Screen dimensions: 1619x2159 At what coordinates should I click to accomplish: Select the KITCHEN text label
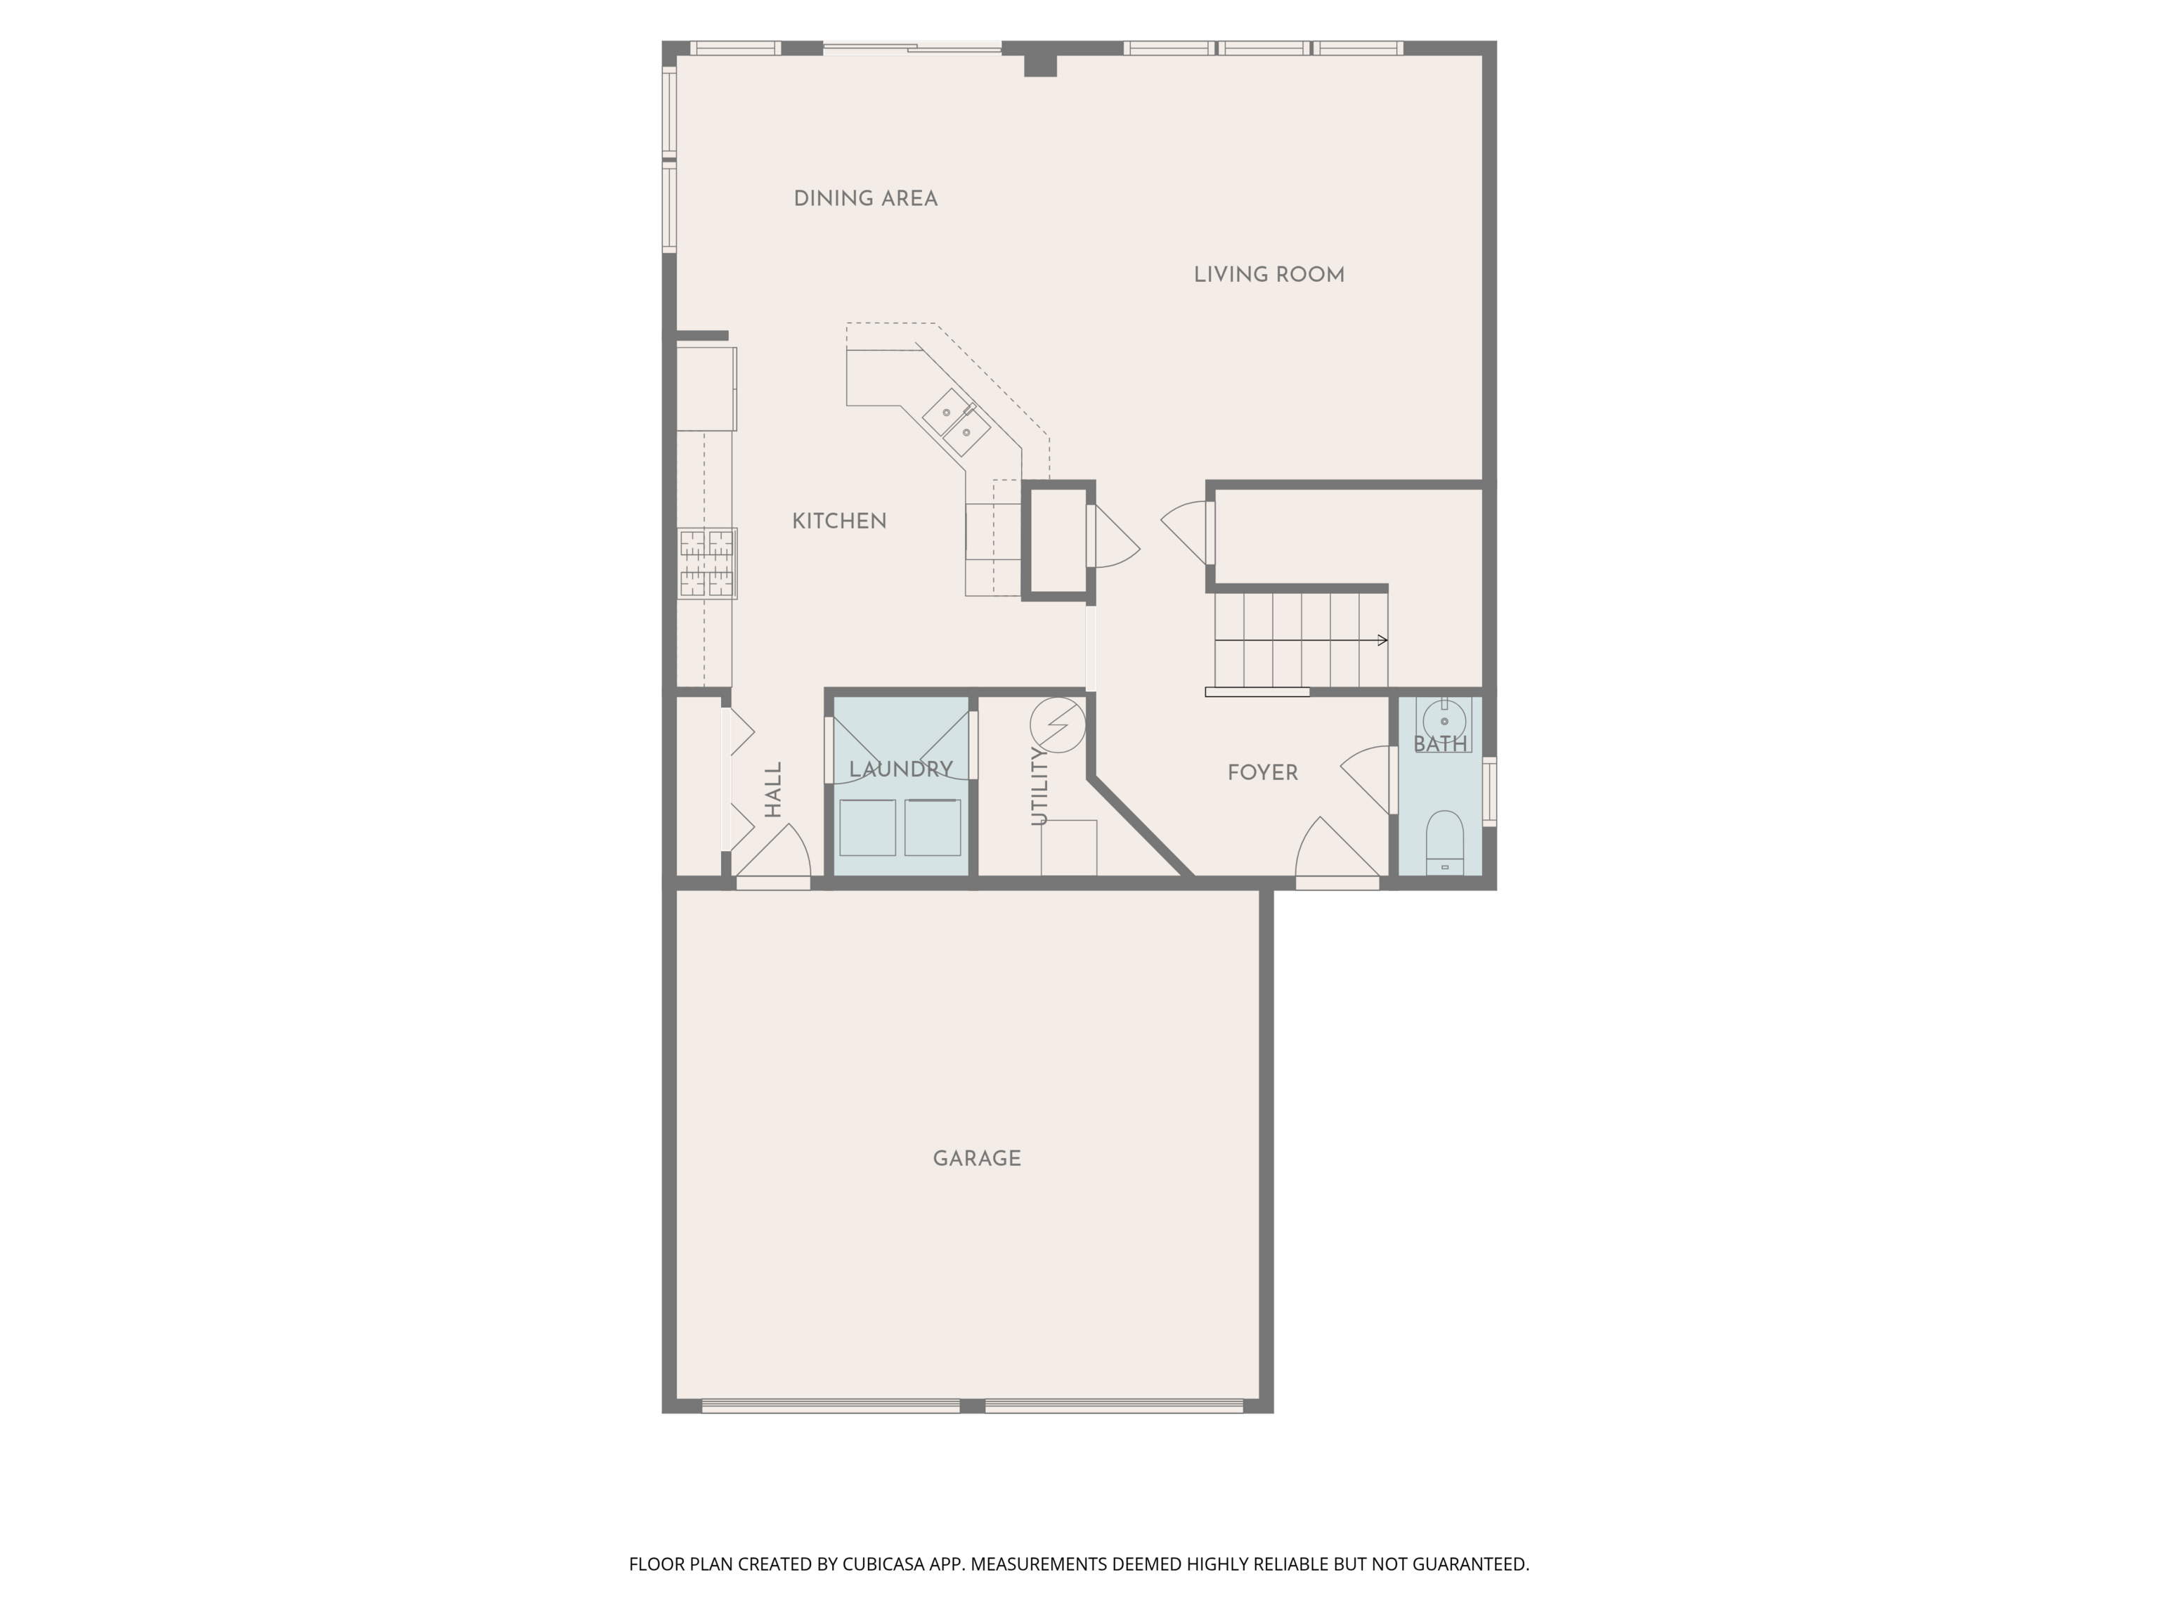[838, 521]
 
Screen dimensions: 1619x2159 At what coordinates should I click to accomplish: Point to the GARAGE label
[977, 1158]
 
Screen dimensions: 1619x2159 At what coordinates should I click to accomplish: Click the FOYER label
[1262, 773]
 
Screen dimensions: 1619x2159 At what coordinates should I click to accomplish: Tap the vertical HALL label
[773, 790]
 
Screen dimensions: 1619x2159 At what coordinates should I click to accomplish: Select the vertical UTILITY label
[1039, 786]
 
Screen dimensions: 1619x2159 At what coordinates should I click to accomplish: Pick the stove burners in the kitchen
[708, 563]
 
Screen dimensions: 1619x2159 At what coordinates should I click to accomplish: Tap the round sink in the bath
[1444, 722]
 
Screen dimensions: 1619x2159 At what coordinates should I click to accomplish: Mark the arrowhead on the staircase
[1382, 640]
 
